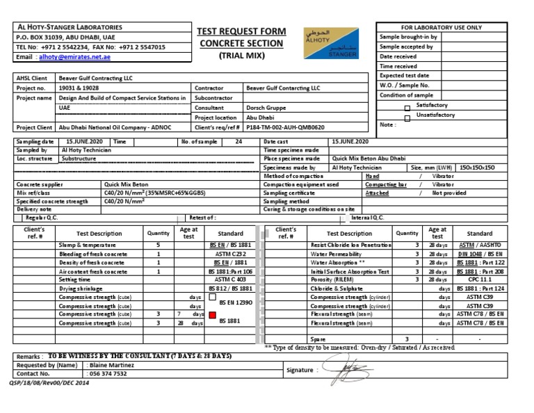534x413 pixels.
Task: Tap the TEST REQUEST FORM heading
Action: (241, 31)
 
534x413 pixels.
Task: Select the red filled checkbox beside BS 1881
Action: (212, 315)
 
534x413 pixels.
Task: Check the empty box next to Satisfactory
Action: (407, 108)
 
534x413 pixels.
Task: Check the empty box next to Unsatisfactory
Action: (407, 118)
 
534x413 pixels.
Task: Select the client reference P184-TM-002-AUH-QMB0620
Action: (285, 128)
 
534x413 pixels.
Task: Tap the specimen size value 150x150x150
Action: (478, 168)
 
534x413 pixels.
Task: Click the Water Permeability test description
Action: (336, 254)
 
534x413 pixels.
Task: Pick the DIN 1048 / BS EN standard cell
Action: (479, 254)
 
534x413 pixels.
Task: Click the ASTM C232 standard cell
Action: (230, 254)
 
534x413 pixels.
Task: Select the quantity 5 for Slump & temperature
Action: (159, 245)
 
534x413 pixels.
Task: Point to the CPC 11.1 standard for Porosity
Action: (479, 280)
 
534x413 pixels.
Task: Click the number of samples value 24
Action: (238, 141)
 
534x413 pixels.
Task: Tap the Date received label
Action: (398, 56)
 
